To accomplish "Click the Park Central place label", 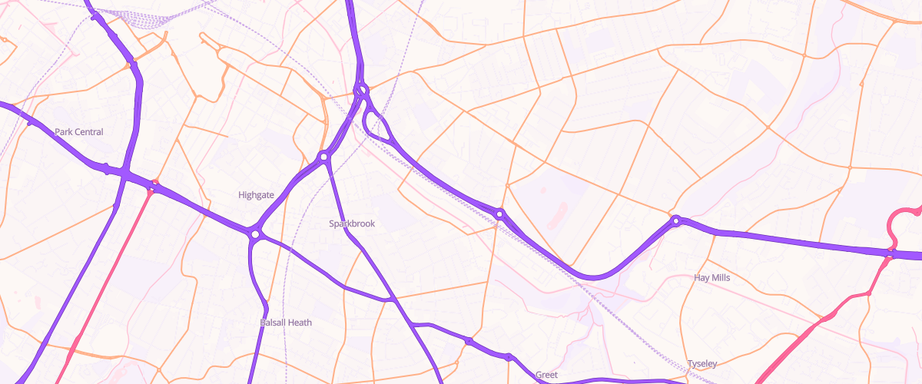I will click(78, 132).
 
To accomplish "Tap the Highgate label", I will click(256, 195).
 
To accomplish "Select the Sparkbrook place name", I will click(352, 223).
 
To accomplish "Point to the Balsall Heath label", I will click(286, 323).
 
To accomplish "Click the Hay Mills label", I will click(711, 277).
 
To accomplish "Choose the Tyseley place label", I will click(702, 363).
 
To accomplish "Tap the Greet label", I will click(546, 375).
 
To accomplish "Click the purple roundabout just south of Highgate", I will click(254, 233).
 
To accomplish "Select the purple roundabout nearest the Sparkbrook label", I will click(323, 157).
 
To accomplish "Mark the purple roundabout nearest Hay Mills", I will click(676, 221).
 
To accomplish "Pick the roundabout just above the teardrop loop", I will click(361, 91).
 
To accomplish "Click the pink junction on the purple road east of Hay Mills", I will click(891, 251).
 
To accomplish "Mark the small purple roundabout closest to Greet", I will click(509, 356).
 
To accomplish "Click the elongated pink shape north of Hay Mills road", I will click(558, 212).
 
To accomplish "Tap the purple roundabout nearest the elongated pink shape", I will click(500, 214).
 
